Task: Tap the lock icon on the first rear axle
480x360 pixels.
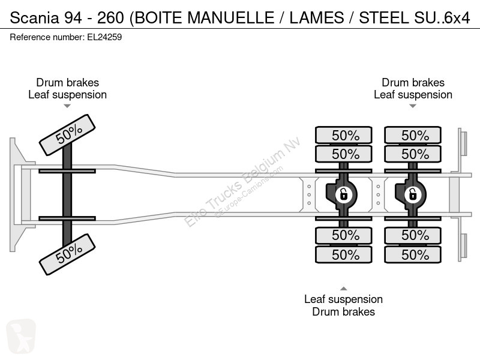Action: click(x=343, y=194)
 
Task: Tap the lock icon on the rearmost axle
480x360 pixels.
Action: click(x=412, y=194)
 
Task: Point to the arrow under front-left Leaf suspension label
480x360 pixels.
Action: click(x=67, y=106)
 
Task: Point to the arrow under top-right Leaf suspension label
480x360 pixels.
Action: click(x=413, y=106)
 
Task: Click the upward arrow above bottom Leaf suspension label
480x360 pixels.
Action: click(x=343, y=288)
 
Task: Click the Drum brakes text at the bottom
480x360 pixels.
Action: click(x=343, y=311)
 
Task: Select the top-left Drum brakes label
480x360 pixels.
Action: click(x=67, y=83)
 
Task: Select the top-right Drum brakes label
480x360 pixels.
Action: click(x=413, y=83)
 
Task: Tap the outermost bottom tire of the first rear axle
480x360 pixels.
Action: click(x=345, y=254)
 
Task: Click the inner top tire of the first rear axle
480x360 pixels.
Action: click(x=345, y=154)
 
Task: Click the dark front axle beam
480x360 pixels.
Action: click(x=67, y=192)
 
